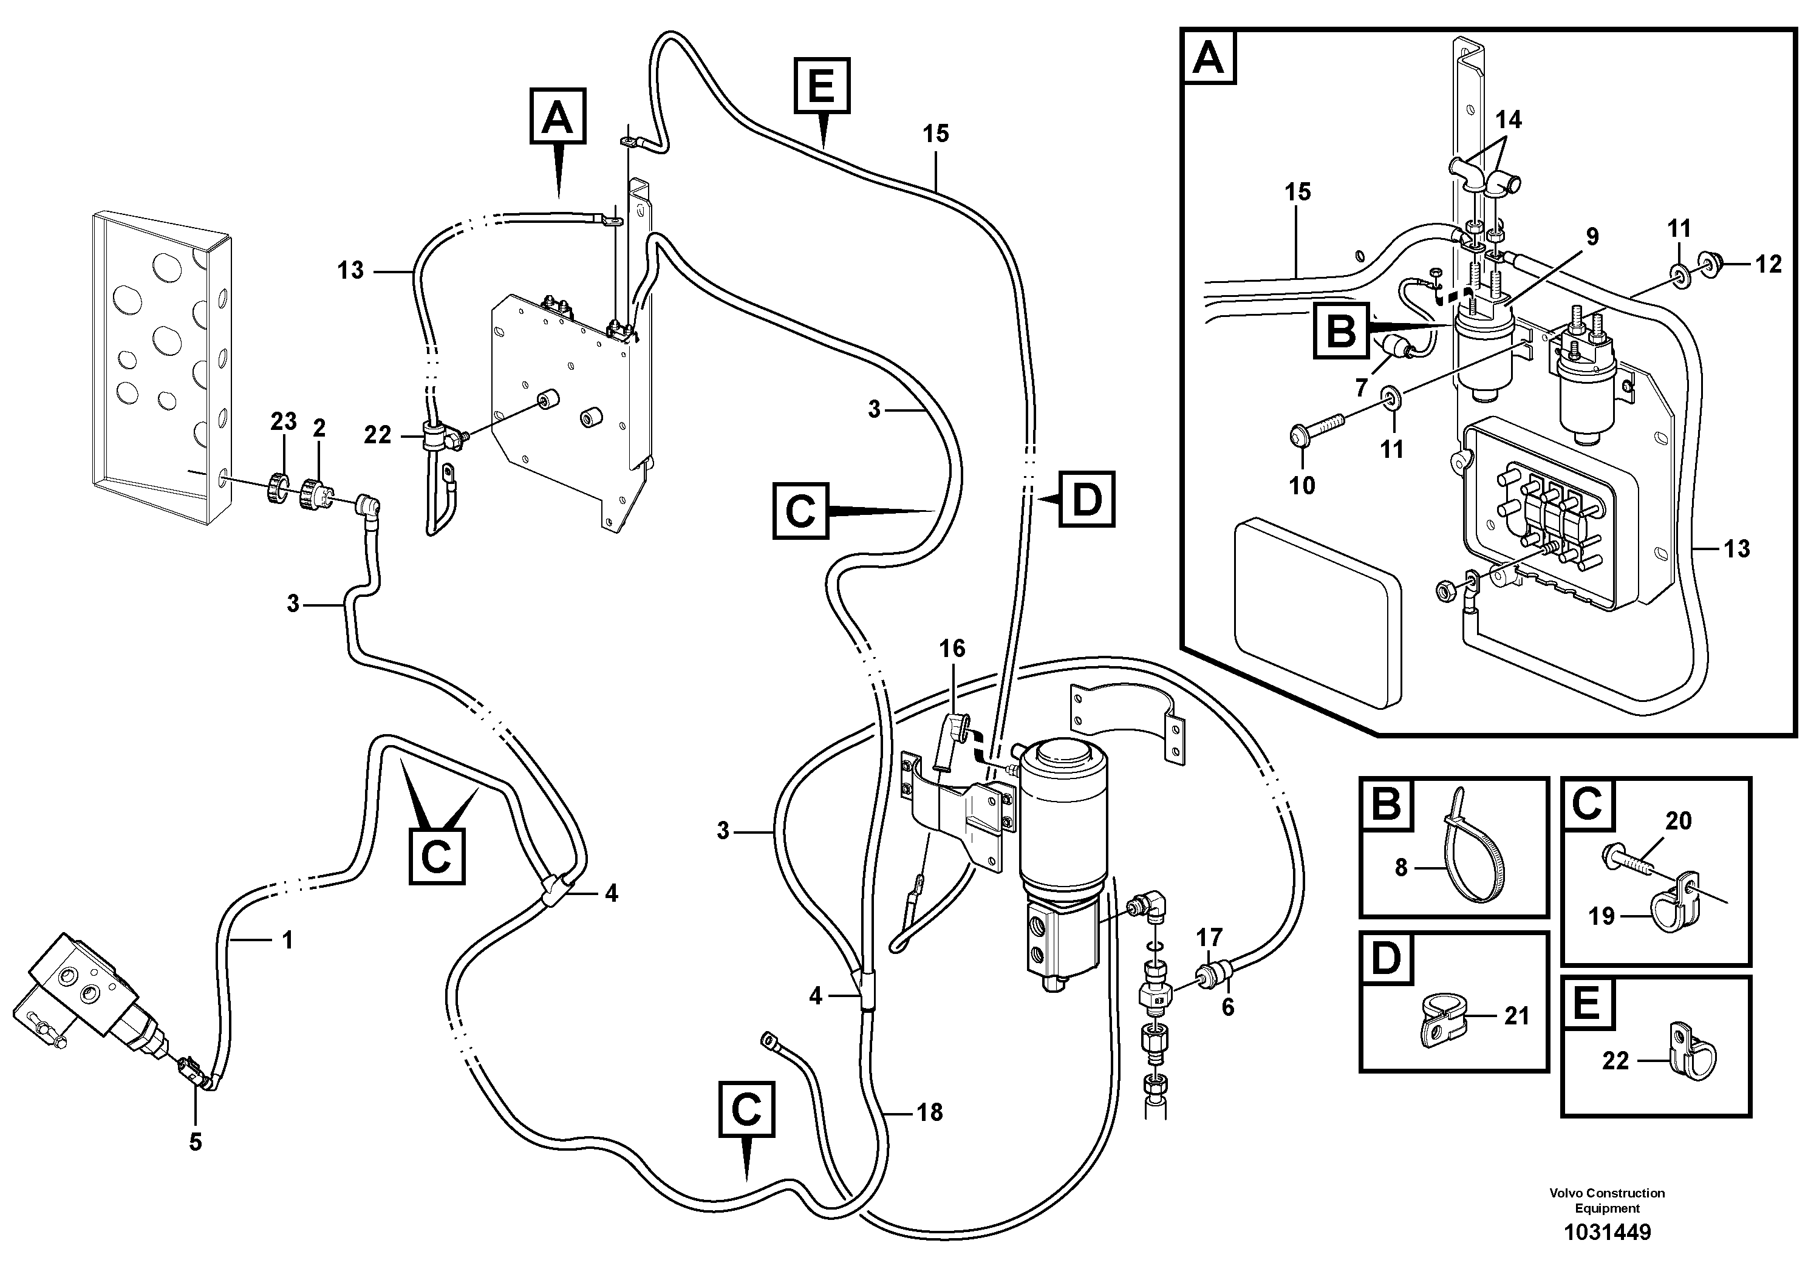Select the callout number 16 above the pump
point(952,649)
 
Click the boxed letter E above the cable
point(821,86)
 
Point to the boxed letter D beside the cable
point(1087,499)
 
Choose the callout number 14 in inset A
point(1508,120)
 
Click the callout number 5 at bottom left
point(196,1142)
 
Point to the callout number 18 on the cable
point(929,1112)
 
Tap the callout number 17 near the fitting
point(1210,938)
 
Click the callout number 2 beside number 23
point(319,428)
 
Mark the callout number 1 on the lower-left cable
point(287,940)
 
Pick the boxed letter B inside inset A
point(1341,331)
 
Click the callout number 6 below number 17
point(1227,1007)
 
